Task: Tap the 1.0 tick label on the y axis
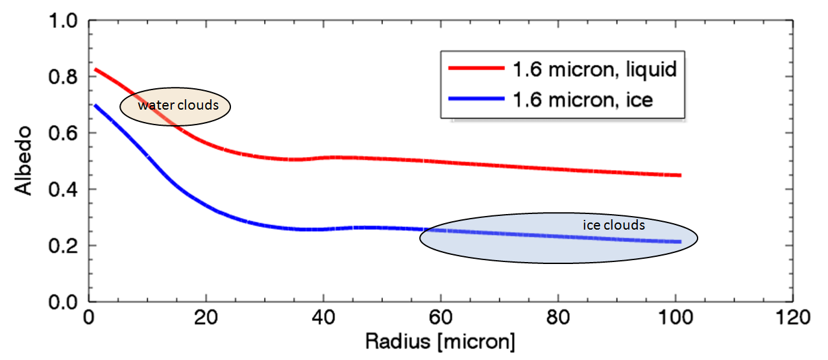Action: tap(65, 21)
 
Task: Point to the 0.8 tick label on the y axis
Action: tap(65, 77)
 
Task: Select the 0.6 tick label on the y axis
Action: tap(65, 134)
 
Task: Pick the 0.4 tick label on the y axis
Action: tap(65, 189)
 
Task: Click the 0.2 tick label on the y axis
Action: tap(65, 246)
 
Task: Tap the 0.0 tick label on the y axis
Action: tap(65, 302)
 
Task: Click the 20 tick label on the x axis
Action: tap(206, 318)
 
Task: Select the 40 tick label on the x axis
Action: tap(323, 318)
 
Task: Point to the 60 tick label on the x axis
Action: tap(441, 318)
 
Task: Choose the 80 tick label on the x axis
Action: tap(558, 318)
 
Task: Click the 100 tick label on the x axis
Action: tap(676, 318)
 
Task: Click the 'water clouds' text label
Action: tap(177, 105)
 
